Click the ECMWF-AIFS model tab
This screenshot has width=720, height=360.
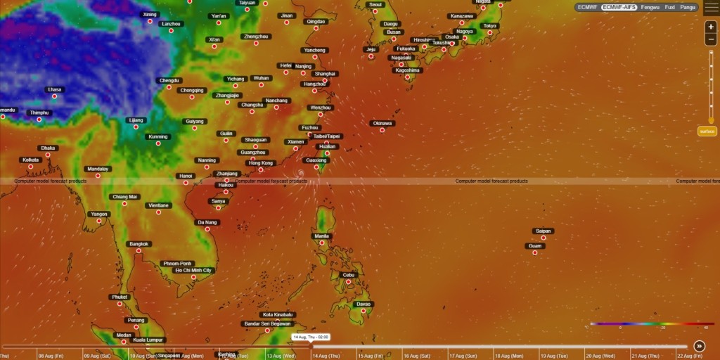pos(619,7)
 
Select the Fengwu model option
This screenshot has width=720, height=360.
pos(650,7)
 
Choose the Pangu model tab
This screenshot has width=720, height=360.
pos(688,7)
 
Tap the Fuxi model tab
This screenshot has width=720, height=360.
pos(670,7)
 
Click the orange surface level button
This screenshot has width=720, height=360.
pos(707,131)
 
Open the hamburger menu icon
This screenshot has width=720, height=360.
pos(710,7)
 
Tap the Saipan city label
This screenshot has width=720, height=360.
pos(544,231)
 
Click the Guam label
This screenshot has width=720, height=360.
pos(535,245)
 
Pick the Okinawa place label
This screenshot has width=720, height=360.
pos(382,123)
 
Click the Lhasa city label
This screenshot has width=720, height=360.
pos(54,89)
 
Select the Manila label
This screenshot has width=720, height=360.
pos(322,236)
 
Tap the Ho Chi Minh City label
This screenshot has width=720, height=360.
pos(193,270)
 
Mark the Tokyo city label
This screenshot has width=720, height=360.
pos(489,26)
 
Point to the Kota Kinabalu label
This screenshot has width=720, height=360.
pos(278,314)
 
